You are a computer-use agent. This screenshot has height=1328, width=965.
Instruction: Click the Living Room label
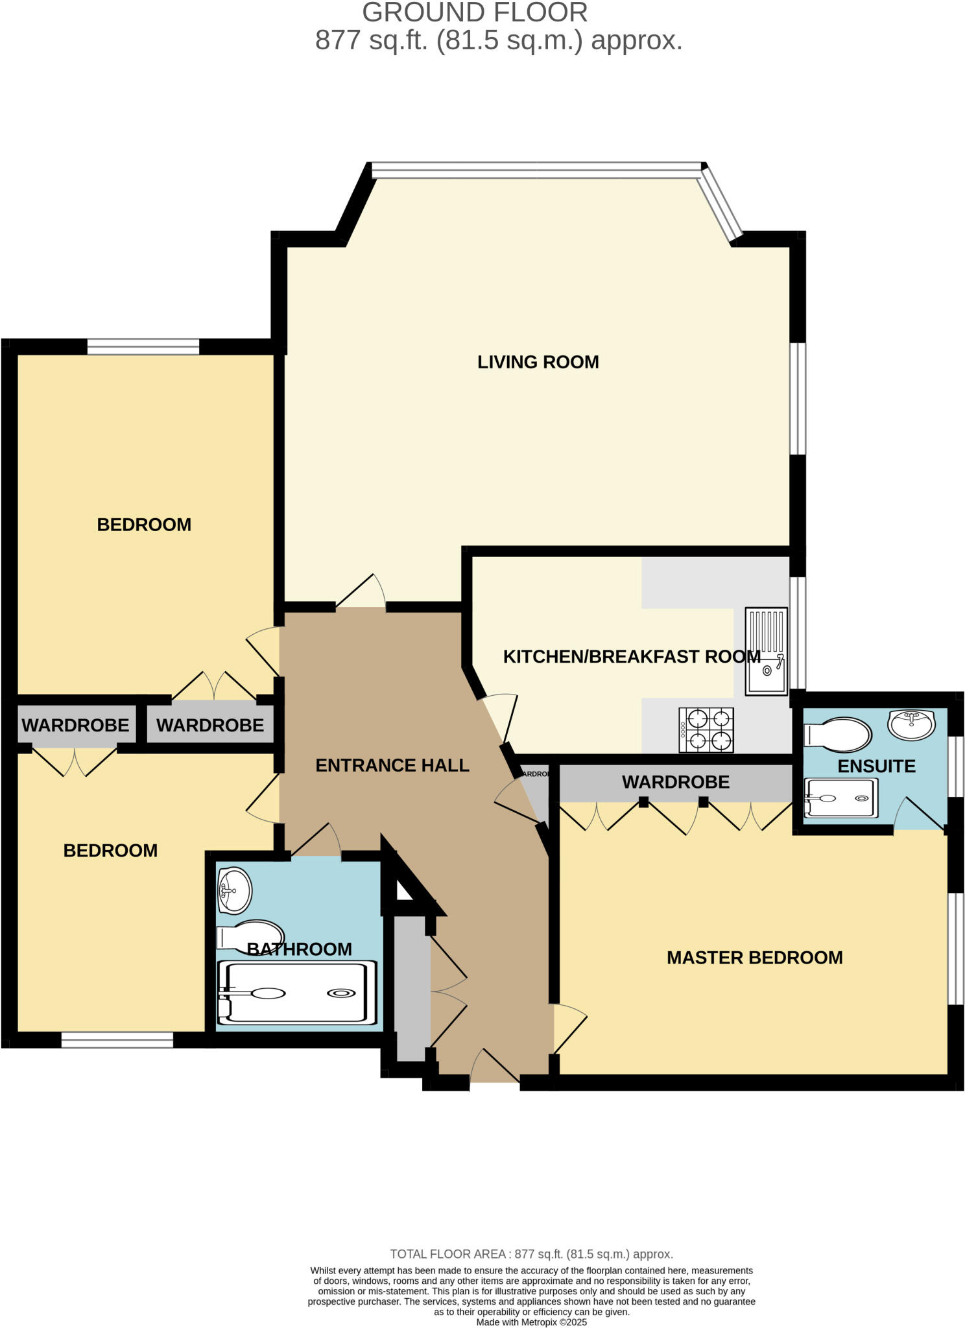[538, 362]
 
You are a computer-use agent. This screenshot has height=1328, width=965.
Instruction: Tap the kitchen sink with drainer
[766, 651]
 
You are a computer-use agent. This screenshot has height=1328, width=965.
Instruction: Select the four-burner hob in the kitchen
[706, 730]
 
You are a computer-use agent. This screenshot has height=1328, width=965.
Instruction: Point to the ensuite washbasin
[911, 724]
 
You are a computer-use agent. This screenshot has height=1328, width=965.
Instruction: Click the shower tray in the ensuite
[840, 797]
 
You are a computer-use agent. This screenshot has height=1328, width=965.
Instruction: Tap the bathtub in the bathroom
[298, 992]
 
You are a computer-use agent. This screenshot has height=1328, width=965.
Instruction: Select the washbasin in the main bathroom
[234, 890]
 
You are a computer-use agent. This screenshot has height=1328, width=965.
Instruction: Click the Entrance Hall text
[392, 765]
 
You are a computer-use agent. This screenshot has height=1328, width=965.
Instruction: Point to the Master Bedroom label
[754, 957]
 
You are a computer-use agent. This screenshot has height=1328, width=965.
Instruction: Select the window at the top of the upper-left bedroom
[143, 347]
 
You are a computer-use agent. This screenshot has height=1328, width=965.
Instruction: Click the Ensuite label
[876, 766]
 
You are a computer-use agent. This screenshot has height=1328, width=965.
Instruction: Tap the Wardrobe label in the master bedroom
[676, 782]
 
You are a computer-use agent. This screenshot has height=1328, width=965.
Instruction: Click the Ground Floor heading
[475, 13]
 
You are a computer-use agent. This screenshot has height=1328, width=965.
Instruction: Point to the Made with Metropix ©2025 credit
[531, 1322]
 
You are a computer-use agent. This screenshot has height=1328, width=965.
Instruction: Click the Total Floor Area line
[531, 1254]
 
